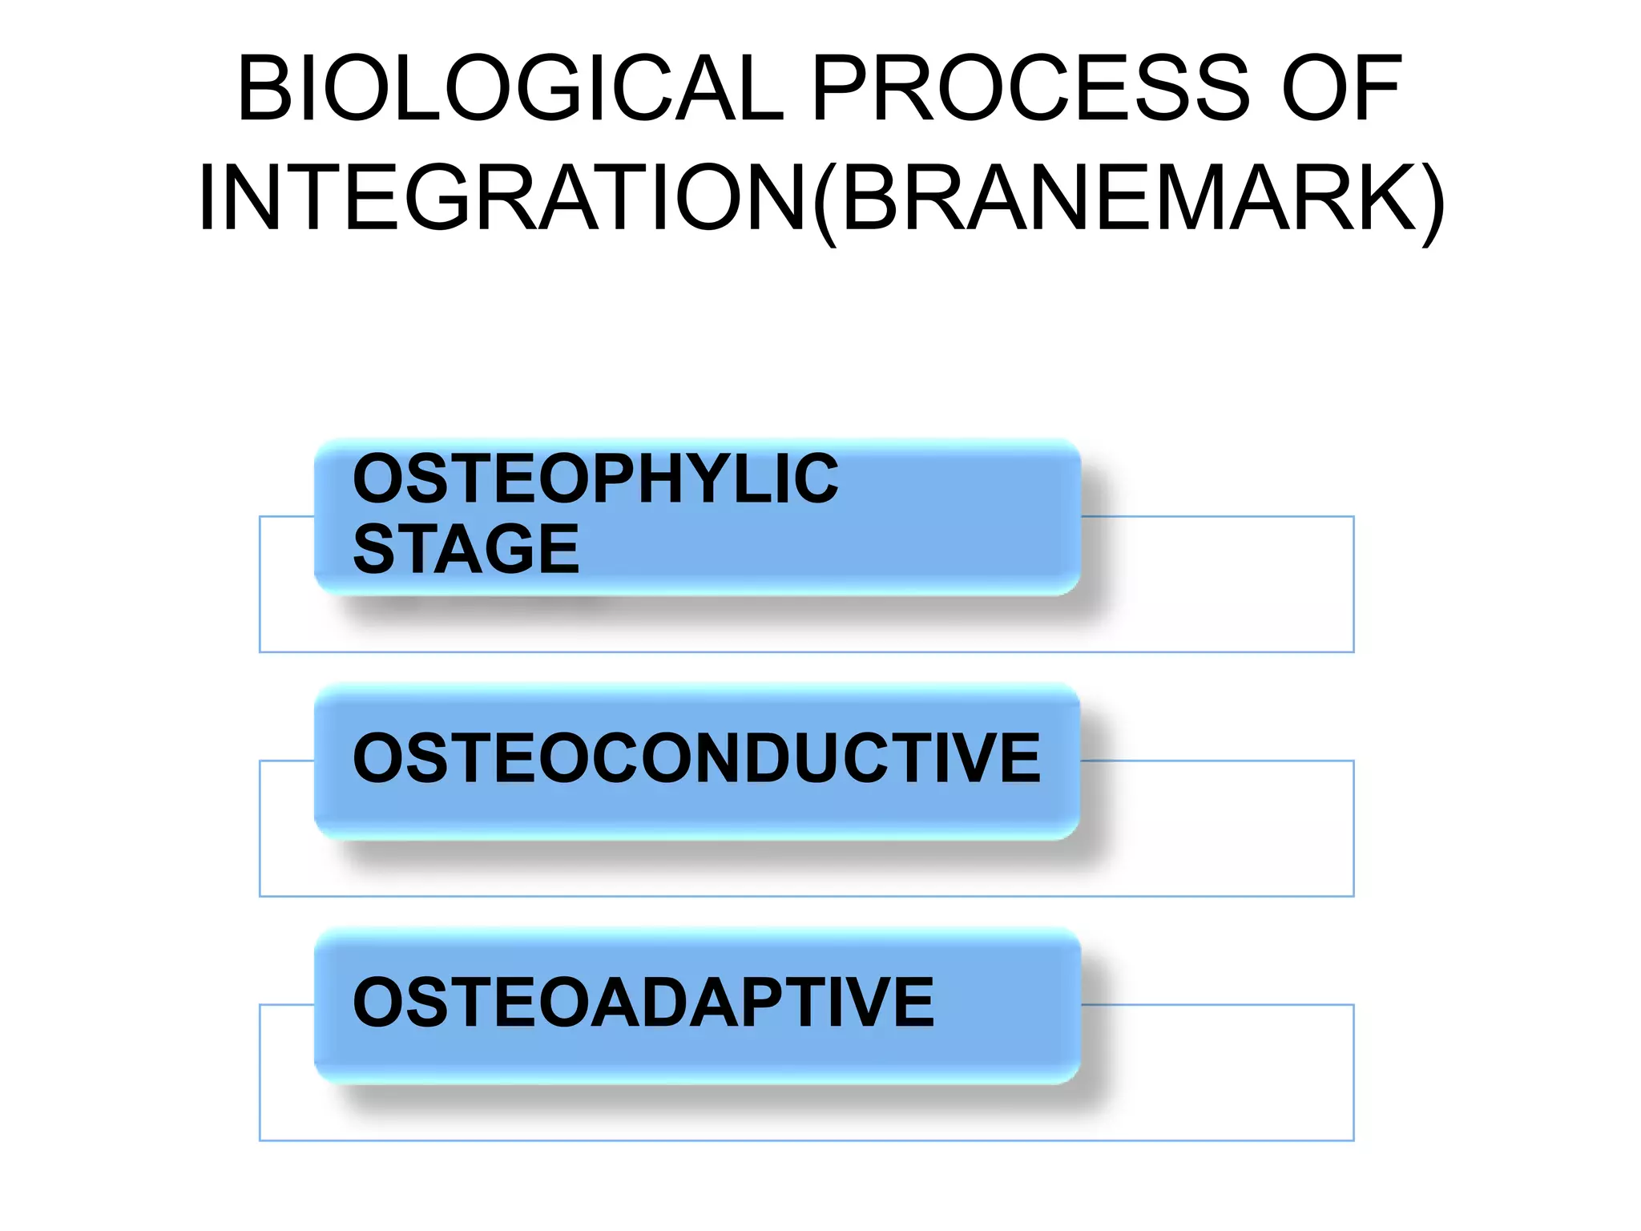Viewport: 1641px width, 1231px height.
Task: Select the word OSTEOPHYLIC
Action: [x=595, y=478]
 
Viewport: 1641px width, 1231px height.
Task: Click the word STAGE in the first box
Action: [x=466, y=549]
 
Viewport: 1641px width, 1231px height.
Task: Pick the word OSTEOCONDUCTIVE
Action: [x=696, y=758]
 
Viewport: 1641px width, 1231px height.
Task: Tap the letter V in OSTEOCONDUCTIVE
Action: [x=974, y=758]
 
